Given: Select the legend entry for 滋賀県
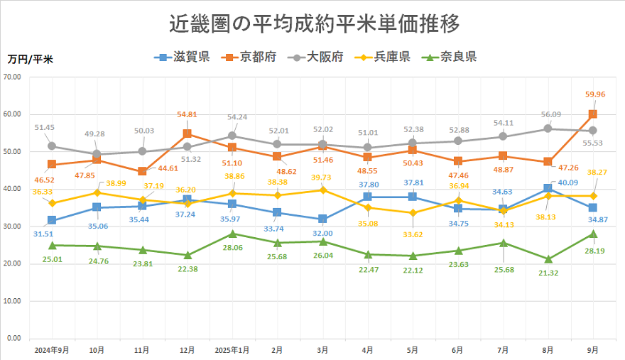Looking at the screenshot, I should [183, 58].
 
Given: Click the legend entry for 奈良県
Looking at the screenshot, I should [450, 58].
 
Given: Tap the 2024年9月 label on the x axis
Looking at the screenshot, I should [51, 350].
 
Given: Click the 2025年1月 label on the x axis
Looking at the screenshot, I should [232, 350].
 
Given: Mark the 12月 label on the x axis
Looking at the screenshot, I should [187, 350].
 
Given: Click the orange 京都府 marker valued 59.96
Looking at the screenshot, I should [592, 114].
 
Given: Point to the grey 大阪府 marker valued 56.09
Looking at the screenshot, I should [548, 129].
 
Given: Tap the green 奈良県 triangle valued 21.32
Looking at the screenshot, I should [548, 259].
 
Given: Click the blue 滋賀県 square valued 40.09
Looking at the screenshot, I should [548, 188].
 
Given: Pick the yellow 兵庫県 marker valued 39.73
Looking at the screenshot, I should [322, 190].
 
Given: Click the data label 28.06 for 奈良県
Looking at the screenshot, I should [232, 248].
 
